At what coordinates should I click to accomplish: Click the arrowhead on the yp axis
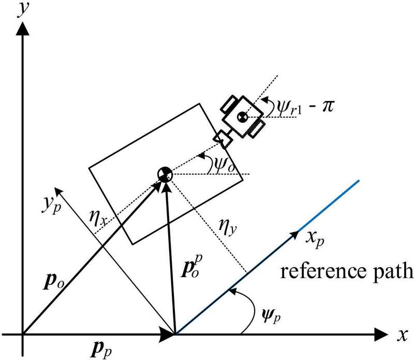58,185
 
